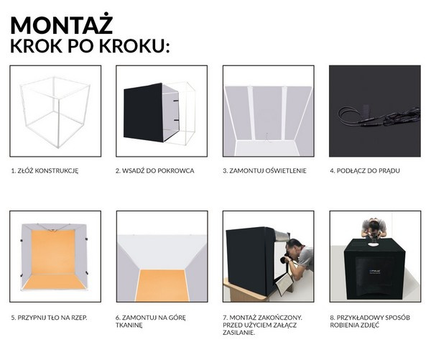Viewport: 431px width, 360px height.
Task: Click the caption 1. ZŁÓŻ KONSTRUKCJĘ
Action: point(45,171)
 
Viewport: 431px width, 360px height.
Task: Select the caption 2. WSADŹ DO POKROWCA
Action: point(154,171)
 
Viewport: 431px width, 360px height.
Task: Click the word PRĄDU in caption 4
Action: point(389,171)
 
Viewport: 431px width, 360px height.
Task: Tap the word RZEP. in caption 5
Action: point(79,318)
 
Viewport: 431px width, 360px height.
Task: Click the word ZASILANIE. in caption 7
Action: point(239,333)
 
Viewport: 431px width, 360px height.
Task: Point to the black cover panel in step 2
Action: point(143,112)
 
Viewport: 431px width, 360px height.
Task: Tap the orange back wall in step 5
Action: point(53,252)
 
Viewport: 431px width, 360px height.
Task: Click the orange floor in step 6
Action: point(162,286)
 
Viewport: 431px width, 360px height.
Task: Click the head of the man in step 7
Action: point(293,246)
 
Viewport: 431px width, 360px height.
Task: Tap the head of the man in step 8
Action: point(374,226)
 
